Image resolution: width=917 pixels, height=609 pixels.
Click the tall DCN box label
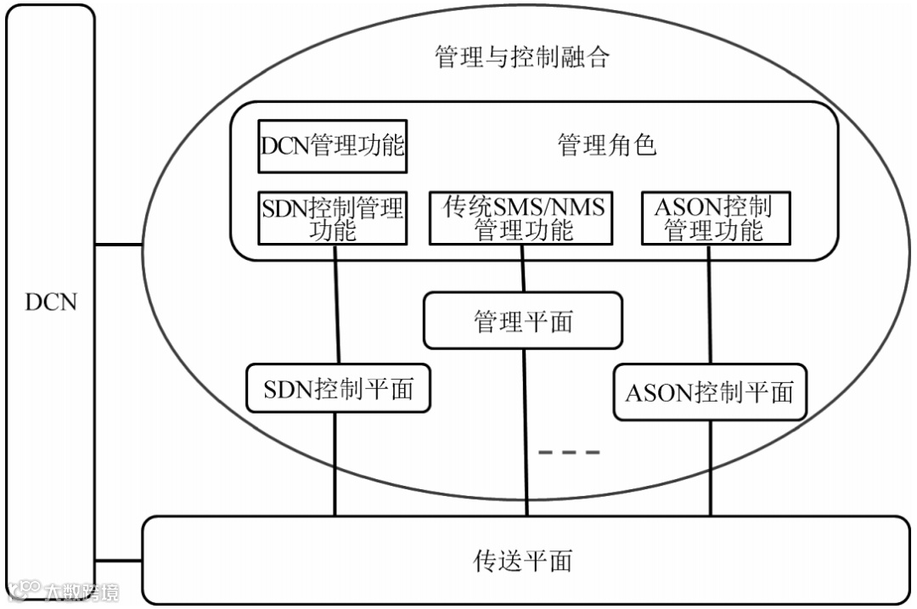[51, 302]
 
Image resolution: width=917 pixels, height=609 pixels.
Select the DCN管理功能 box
[332, 146]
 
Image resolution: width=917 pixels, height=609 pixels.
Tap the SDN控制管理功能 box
[332, 217]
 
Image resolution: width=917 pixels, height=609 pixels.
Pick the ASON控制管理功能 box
[714, 217]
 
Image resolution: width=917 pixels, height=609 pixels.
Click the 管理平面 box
[522, 321]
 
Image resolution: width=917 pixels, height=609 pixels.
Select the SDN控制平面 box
[338, 389]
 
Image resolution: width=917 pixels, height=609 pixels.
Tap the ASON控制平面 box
[709, 392]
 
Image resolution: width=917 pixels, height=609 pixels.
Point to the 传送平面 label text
[522, 561]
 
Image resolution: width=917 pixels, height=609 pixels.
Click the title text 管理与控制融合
[521, 58]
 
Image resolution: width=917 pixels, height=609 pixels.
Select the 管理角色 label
[606, 145]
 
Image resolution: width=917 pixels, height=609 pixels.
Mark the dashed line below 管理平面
[569, 453]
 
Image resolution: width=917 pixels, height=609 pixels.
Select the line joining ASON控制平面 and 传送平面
[710, 468]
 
